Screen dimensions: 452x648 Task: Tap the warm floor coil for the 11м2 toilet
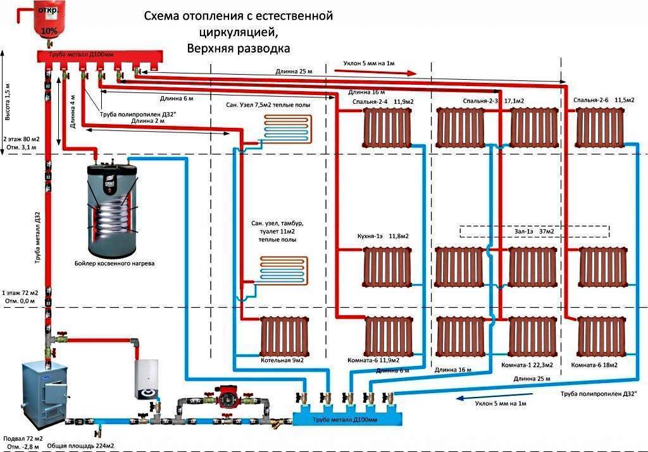tap(285, 268)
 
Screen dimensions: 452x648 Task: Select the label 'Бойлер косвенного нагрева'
tap(113, 262)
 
